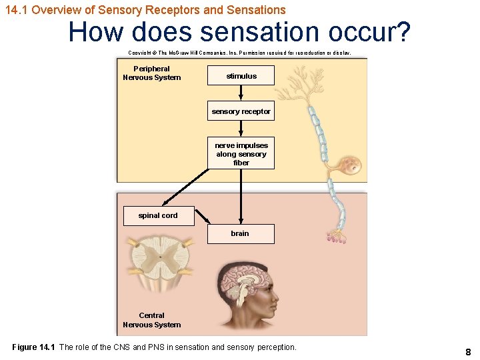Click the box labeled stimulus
pos(241,76)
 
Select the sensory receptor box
pos(241,111)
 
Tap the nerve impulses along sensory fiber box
pos(241,154)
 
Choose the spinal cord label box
pos(158,215)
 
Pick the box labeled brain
pos(240,233)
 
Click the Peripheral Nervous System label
pos(151,73)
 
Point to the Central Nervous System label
pos(151,320)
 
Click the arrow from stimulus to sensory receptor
pos(241,94)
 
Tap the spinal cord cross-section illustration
pos(155,262)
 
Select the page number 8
pos(468,351)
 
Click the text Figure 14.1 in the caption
pos(33,347)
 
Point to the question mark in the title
pos(401,32)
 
